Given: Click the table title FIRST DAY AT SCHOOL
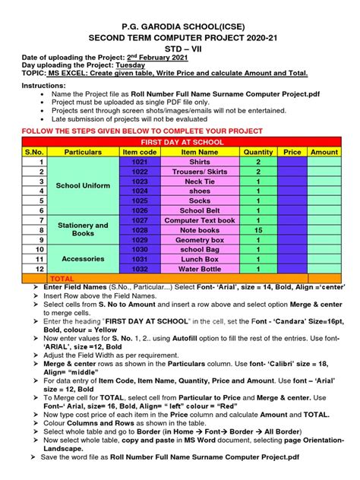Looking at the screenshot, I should [x=179, y=142].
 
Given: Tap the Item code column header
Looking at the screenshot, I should [x=140, y=152].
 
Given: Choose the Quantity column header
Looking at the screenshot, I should [x=258, y=152].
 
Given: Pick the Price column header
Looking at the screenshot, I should [x=292, y=152].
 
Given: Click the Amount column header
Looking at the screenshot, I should [x=324, y=152].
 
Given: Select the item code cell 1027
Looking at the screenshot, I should [x=140, y=220].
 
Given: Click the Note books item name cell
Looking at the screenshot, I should [x=200, y=230].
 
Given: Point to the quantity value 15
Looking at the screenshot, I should [x=258, y=230].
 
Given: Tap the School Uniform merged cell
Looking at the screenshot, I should [x=83, y=186].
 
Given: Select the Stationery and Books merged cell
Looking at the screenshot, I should [x=83, y=230].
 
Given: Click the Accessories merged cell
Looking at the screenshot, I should [x=83, y=259].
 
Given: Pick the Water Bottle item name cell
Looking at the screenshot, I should [x=200, y=269].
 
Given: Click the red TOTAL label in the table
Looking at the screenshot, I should [x=62, y=279].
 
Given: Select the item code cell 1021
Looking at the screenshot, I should [x=140, y=162].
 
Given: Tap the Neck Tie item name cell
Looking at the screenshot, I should [x=200, y=182].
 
